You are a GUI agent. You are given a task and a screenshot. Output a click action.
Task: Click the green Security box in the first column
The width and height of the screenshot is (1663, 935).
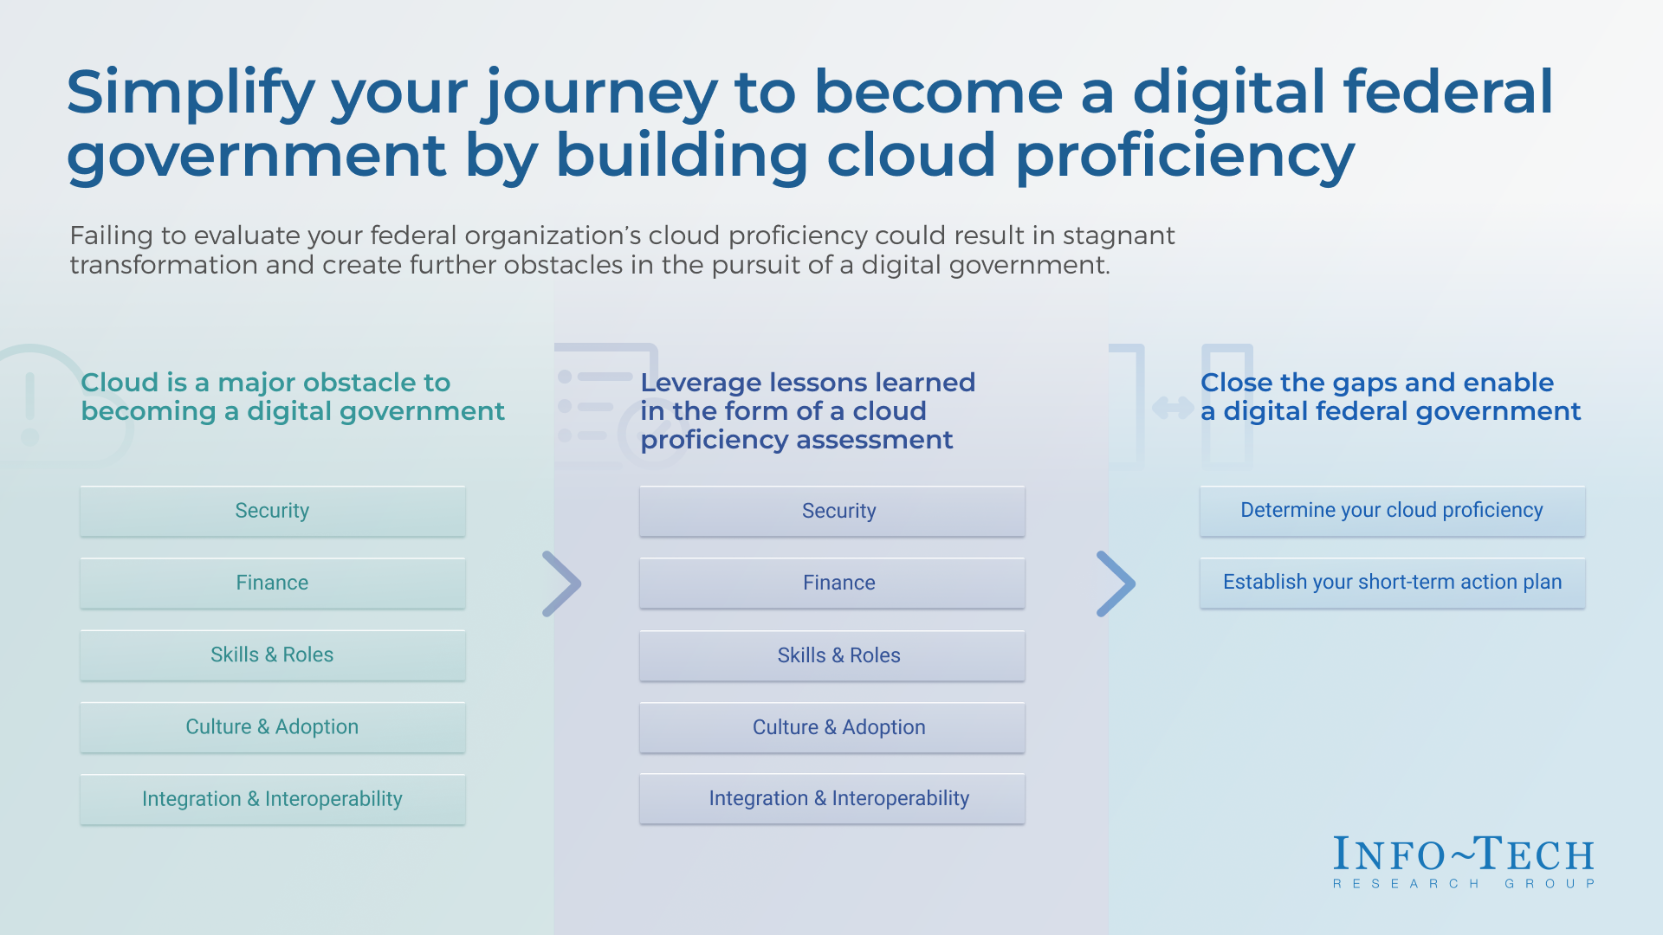point(272,511)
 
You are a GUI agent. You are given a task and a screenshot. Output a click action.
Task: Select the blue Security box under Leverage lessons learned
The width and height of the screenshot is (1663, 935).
point(831,511)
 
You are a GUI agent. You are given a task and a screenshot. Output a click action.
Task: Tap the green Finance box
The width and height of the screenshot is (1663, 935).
point(272,583)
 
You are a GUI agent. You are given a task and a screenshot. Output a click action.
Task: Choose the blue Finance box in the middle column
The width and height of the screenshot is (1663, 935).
point(831,583)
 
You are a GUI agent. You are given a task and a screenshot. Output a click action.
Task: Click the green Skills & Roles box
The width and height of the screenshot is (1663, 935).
point(272,654)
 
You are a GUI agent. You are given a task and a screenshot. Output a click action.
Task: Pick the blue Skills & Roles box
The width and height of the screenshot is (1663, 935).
point(831,655)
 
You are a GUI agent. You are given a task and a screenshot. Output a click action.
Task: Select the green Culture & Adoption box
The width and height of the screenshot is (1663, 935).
point(272,726)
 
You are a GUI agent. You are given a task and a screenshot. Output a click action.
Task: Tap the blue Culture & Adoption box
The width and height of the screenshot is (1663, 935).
point(831,727)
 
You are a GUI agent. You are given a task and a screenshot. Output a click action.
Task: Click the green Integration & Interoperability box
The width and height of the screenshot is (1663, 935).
point(272,798)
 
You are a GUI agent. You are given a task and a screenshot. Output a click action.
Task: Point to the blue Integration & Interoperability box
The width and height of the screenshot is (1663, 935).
point(831,798)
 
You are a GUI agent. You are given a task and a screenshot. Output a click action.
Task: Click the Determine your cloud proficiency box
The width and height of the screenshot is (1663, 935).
point(1392,510)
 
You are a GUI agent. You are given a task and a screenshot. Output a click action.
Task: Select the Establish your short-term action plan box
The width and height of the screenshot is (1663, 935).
point(1392,582)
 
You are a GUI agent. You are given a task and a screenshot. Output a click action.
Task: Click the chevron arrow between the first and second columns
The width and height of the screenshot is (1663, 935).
point(562,584)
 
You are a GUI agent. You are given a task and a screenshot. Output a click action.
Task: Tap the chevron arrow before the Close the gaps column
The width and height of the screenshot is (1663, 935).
point(1116,584)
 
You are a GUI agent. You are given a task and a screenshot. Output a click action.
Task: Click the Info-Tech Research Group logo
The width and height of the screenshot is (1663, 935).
point(1464,861)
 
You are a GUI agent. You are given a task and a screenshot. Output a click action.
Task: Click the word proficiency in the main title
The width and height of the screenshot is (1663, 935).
point(1185,157)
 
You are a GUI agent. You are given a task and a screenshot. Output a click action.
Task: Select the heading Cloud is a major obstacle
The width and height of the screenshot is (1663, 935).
point(292,397)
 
